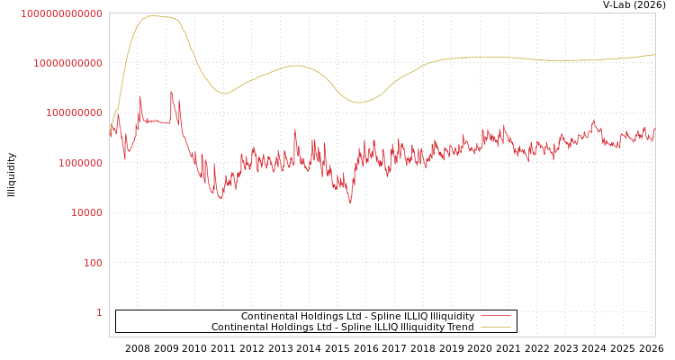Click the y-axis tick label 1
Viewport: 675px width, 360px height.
[x=99, y=312]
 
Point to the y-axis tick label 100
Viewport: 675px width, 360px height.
[x=94, y=263]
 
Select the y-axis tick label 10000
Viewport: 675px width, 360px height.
[x=88, y=212]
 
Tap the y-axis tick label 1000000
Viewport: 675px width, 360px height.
[x=82, y=163]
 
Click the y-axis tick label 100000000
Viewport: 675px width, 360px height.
[x=76, y=112]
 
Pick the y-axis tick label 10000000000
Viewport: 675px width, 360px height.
[x=70, y=63]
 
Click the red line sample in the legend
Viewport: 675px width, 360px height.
[x=495, y=316]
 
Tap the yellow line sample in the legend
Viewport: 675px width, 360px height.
[x=495, y=327]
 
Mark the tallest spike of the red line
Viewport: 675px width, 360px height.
[x=171, y=92]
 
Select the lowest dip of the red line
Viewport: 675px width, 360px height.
[x=351, y=203]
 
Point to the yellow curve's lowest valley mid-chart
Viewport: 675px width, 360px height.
[x=359, y=103]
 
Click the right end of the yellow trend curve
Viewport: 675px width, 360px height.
[x=654, y=55]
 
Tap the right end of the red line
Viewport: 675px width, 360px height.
[x=654, y=128]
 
